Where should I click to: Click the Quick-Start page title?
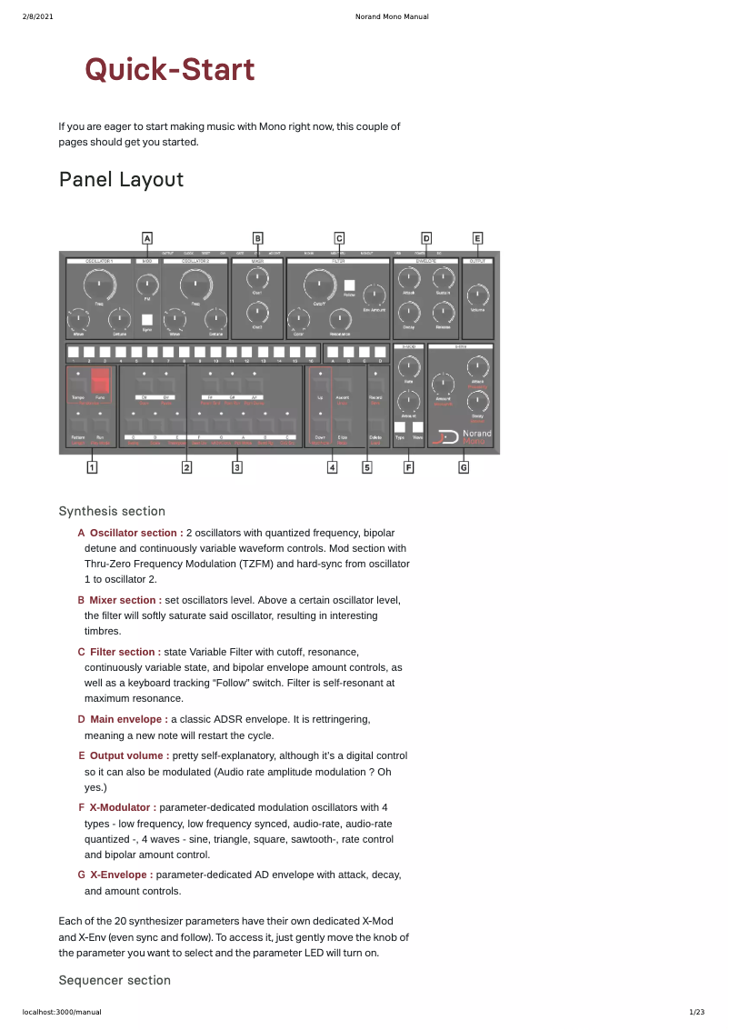[x=170, y=69]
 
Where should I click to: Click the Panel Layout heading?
[x=121, y=180]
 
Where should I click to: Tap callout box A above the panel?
[x=147, y=238]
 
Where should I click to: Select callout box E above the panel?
[x=477, y=238]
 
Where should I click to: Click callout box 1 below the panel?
[x=92, y=467]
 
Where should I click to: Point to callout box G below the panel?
[x=464, y=467]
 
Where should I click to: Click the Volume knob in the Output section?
[x=477, y=295]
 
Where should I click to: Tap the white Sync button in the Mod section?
[x=147, y=319]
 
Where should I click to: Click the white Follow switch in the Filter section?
[x=349, y=285]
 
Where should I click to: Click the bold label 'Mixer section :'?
[x=125, y=600]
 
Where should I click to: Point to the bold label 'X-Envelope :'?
[x=121, y=875]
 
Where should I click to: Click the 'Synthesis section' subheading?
[x=112, y=511]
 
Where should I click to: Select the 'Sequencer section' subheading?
[x=115, y=980]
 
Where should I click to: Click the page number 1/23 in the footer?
[x=697, y=1012]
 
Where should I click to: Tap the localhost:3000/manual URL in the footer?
[x=62, y=1012]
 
